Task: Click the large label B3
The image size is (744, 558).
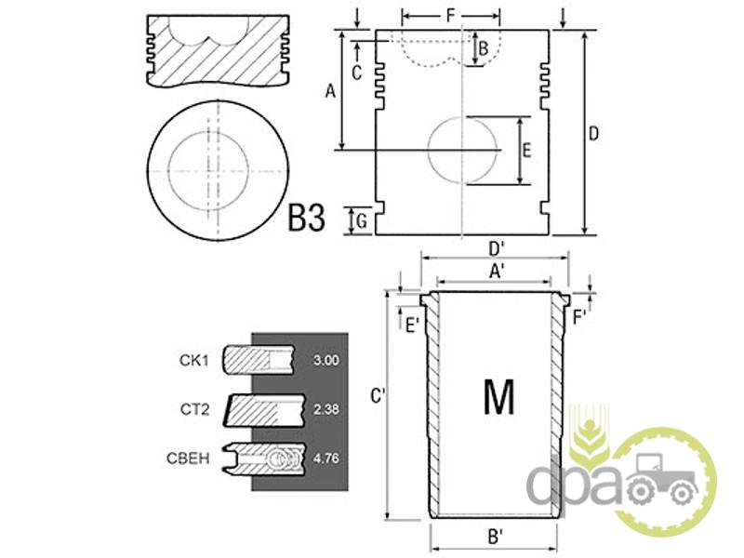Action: click(307, 218)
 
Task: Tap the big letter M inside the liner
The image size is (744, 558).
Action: click(498, 397)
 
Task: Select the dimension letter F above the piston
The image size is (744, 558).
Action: click(450, 16)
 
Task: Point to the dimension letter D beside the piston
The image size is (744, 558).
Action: click(593, 134)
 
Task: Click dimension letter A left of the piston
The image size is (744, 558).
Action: click(330, 90)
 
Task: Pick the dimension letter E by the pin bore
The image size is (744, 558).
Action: click(526, 151)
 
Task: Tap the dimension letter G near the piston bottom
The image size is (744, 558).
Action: click(362, 221)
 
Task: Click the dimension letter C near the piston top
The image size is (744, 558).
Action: click(357, 73)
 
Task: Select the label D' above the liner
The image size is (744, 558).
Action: click(497, 248)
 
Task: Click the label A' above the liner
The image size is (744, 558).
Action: click(497, 272)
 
